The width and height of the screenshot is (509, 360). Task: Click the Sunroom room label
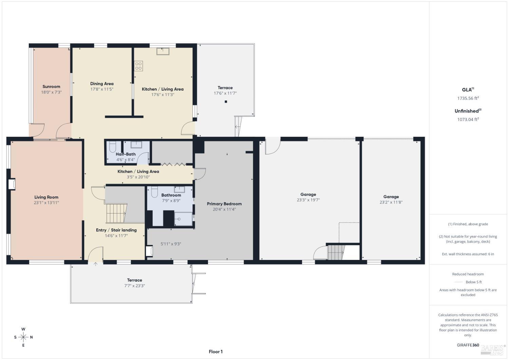pos(51,87)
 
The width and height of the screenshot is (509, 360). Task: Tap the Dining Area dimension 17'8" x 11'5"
pos(102,89)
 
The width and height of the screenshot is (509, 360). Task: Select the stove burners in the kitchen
pos(138,66)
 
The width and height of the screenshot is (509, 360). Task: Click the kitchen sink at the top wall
pos(163,51)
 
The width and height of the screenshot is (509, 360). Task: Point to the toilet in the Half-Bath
pos(113,147)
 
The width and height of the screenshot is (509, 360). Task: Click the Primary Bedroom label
pos(224,204)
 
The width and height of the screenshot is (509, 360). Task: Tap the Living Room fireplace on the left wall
pos(12,184)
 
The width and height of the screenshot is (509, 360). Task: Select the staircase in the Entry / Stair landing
pos(116,213)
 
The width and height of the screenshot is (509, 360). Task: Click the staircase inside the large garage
pos(336,252)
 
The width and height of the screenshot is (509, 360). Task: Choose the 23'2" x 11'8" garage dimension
pos(391,202)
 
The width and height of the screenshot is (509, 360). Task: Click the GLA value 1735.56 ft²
pos(468,98)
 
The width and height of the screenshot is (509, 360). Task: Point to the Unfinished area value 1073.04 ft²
pos(468,119)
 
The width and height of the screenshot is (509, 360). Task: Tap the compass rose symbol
pos(23,337)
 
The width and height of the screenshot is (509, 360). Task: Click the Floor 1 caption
pos(215,352)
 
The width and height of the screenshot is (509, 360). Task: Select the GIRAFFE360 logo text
pos(468,345)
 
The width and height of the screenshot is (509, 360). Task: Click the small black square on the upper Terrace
pos(226,102)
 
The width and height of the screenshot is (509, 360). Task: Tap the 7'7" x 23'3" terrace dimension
pos(135,286)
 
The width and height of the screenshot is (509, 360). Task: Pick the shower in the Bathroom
pos(183,219)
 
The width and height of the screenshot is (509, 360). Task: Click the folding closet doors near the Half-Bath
pos(173,165)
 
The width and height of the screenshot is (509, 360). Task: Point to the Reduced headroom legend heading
pos(468,274)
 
